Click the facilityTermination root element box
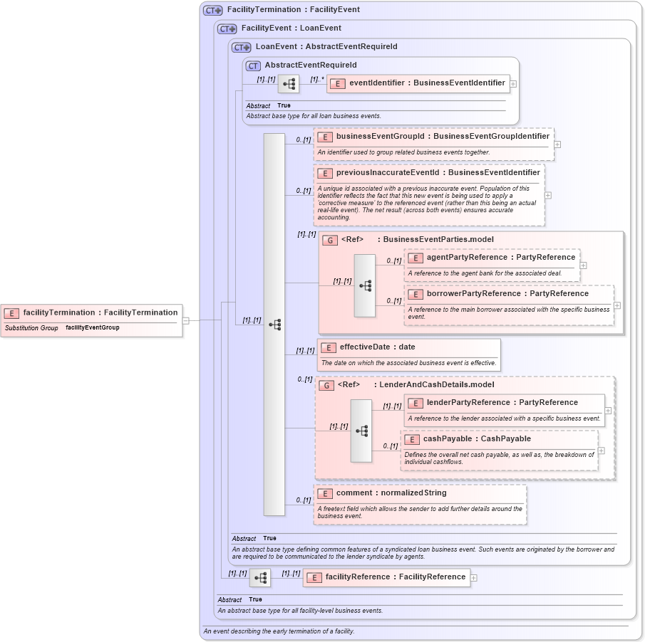91,312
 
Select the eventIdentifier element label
426,83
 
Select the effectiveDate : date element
377,347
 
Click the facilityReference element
395,577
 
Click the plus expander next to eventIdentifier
513,83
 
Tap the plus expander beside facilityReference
474,577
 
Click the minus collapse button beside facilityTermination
185,320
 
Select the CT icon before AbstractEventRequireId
252,65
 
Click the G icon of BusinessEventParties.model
329,240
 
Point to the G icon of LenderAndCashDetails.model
326,385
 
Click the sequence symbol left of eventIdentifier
289,84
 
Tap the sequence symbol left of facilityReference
259,577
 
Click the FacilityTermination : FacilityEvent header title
293,10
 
